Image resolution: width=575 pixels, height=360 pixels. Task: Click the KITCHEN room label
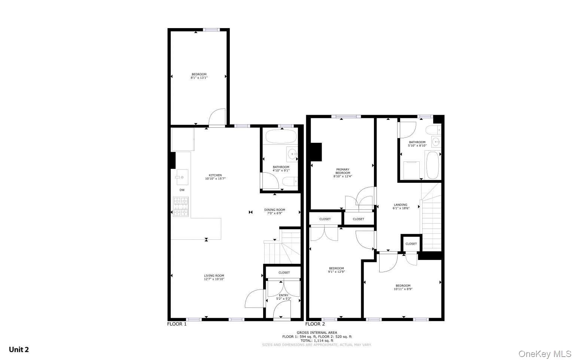[215, 175]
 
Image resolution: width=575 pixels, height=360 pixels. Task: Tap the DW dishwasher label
[182, 190]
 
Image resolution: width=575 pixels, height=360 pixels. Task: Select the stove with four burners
[180, 207]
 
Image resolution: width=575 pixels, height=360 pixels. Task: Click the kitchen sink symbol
[182, 177]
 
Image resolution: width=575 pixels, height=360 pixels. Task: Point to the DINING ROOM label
[275, 210]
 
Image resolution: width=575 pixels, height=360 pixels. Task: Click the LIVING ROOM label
[214, 276]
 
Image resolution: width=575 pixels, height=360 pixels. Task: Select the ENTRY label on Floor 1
[283, 295]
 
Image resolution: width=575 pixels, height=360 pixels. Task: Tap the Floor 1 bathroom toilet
[290, 182]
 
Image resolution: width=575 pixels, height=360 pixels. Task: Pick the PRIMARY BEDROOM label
[343, 171]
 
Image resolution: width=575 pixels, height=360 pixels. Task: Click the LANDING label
[400, 205]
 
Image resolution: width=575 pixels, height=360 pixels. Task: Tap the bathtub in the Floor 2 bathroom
[432, 165]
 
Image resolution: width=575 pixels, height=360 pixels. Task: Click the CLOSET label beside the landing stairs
[411, 244]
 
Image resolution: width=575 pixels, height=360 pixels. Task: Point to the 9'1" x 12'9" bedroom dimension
[337, 272]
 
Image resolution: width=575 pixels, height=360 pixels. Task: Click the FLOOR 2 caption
[315, 324]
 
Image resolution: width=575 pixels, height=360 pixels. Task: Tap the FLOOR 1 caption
[177, 324]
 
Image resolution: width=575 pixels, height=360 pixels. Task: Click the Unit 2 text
[19, 350]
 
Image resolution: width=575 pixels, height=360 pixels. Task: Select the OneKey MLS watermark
[545, 354]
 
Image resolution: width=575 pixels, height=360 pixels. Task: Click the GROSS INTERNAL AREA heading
[317, 333]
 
